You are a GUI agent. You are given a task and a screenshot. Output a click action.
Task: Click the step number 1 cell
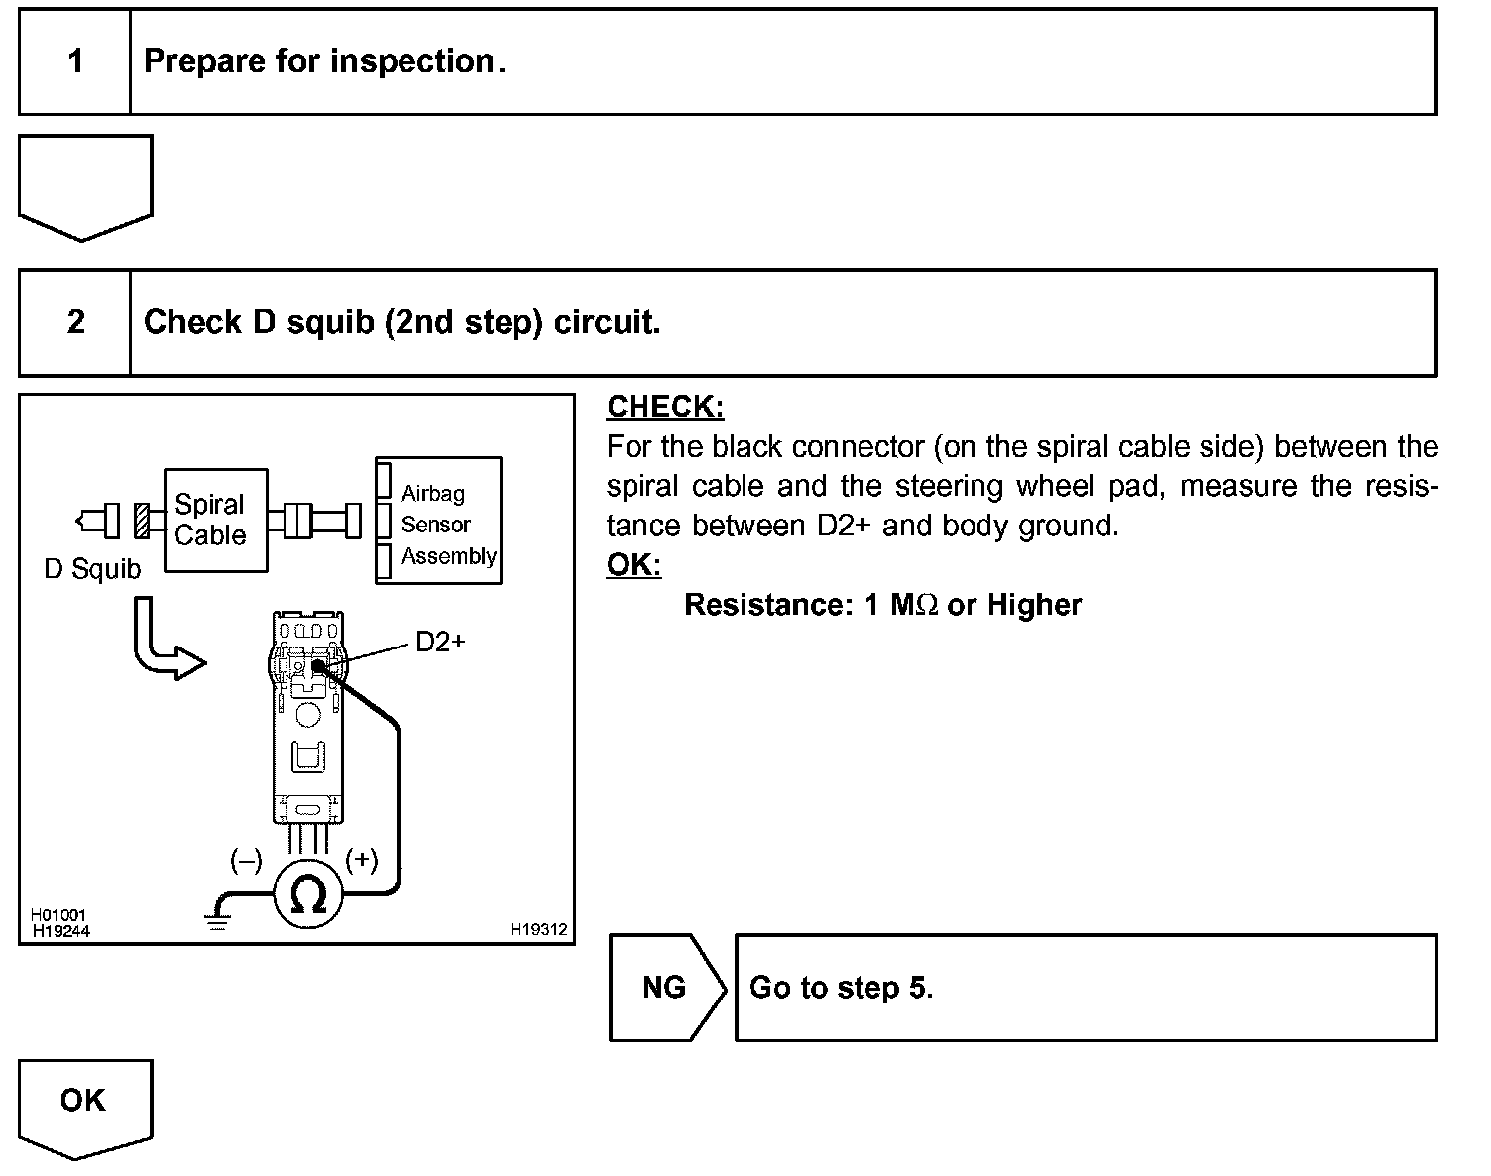pyautogui.click(x=75, y=62)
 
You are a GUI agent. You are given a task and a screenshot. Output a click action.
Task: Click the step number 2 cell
pyautogui.click(x=75, y=322)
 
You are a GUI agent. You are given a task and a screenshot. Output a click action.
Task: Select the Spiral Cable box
pyautogui.click(x=215, y=520)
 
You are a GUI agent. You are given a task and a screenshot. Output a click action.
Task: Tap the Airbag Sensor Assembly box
pyautogui.click(x=438, y=521)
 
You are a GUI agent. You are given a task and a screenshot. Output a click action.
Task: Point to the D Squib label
pyautogui.click(x=92, y=569)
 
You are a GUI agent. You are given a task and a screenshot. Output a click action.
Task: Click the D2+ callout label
pyautogui.click(x=439, y=643)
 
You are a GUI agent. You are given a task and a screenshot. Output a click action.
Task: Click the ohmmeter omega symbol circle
pyautogui.click(x=308, y=895)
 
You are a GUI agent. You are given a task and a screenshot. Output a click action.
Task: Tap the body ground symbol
pyautogui.click(x=218, y=918)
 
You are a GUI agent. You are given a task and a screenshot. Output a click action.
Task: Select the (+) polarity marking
pyautogui.click(x=361, y=860)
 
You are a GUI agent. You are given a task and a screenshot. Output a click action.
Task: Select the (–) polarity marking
pyautogui.click(x=246, y=860)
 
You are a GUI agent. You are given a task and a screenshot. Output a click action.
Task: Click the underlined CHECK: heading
pyautogui.click(x=665, y=407)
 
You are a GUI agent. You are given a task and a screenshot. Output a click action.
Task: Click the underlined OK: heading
pyautogui.click(x=633, y=564)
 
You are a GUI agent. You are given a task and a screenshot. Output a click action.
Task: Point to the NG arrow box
pyautogui.click(x=665, y=987)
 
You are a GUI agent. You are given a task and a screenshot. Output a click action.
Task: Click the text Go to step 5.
pyautogui.click(x=841, y=988)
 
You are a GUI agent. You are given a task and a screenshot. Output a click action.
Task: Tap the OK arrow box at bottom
pyautogui.click(x=84, y=1102)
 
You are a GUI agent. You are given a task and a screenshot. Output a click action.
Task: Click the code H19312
pyautogui.click(x=538, y=930)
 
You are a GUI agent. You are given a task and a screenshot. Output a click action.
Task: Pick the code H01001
pyautogui.click(x=58, y=915)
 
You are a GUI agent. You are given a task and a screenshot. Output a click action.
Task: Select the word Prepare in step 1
pyautogui.click(x=204, y=61)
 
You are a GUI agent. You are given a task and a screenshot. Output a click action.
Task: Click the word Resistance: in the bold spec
pyautogui.click(x=768, y=605)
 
